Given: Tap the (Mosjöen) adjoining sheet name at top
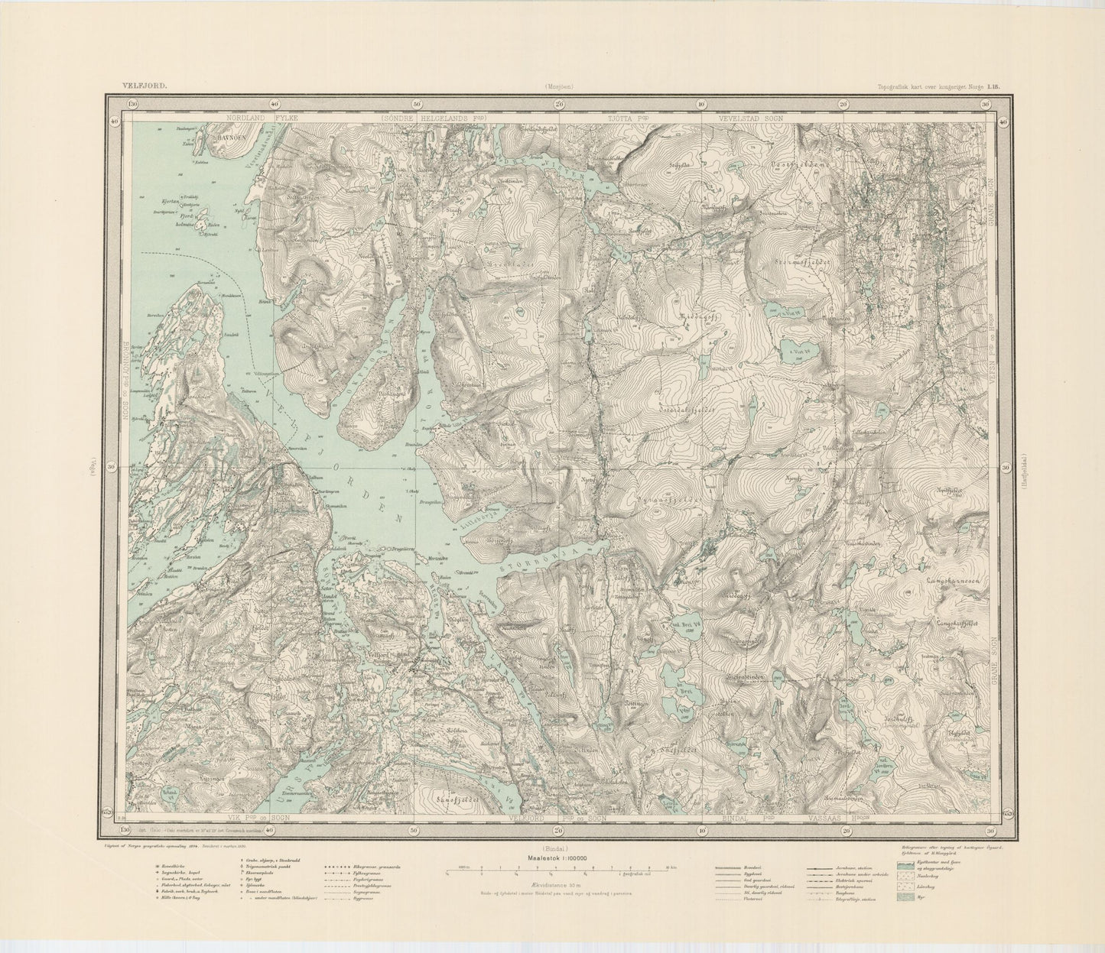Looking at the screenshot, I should click(558, 86).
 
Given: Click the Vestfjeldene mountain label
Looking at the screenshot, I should click(791, 163).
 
